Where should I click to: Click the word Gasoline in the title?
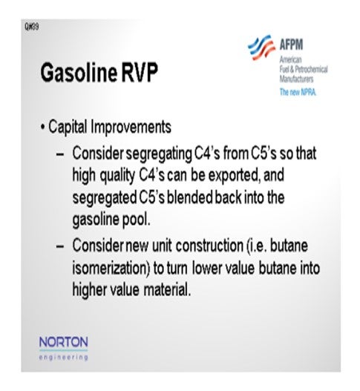(79, 73)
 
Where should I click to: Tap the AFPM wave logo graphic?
(262, 47)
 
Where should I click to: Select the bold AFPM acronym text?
(291, 45)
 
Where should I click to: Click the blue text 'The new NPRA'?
(298, 92)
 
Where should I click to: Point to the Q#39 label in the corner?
(32, 27)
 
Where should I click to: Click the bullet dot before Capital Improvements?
(43, 127)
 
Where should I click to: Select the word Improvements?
(131, 127)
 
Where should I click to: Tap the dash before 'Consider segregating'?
(60, 154)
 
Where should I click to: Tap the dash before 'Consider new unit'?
(60, 246)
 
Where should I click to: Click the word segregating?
(159, 154)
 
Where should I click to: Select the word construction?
(209, 246)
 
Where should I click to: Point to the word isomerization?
(111, 268)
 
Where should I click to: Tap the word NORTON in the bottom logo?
(64, 342)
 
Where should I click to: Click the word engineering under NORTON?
(64, 358)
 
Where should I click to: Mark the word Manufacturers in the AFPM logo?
(296, 79)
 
